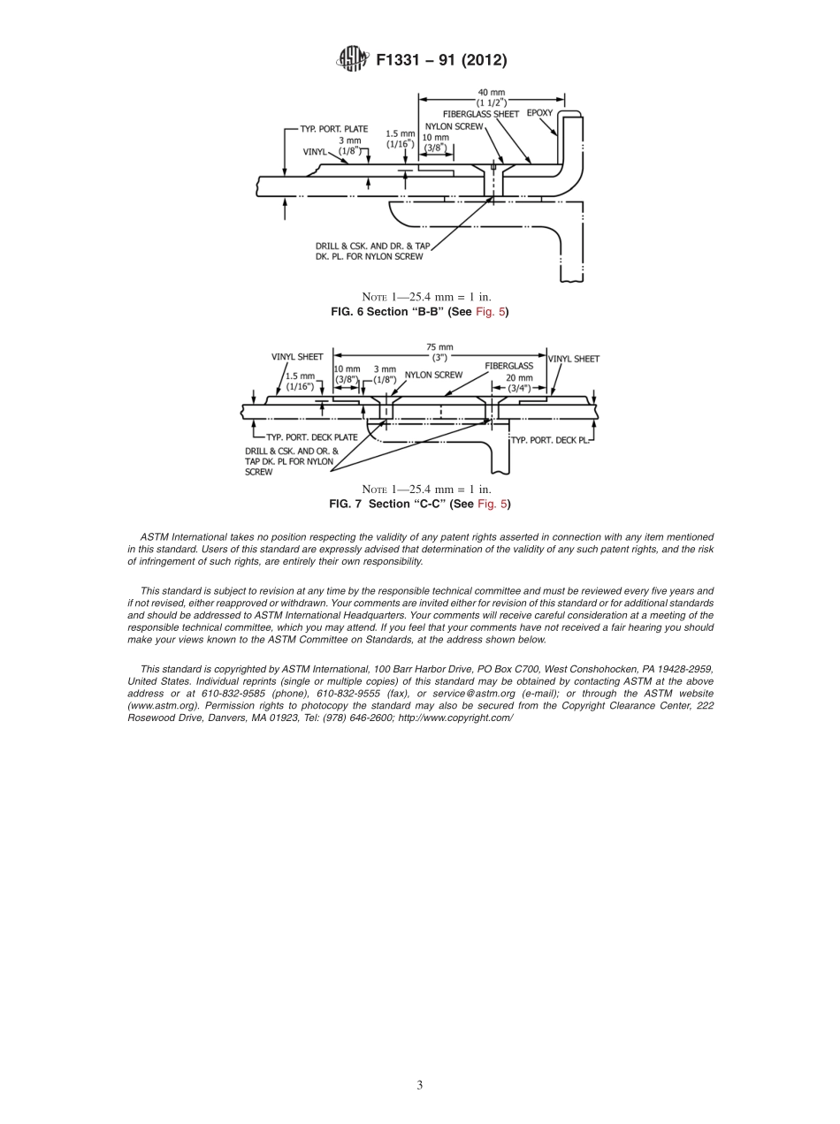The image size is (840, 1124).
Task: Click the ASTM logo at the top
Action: click(x=352, y=60)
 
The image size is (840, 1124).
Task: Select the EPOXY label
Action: click(x=539, y=113)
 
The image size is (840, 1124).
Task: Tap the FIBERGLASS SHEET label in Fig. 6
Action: click(x=481, y=114)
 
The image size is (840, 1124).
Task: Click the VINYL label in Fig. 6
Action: click(x=315, y=152)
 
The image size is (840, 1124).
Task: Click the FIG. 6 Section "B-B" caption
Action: click(x=419, y=312)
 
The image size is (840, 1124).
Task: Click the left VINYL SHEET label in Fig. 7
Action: click(x=297, y=357)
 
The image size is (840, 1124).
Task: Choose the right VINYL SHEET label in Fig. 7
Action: click(x=574, y=359)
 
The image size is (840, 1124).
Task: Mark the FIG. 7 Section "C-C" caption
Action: click(x=419, y=504)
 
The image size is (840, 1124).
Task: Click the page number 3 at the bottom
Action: click(x=420, y=1085)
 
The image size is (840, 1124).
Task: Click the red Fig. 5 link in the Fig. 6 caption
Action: click(x=493, y=312)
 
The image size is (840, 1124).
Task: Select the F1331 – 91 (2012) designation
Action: click(x=440, y=60)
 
